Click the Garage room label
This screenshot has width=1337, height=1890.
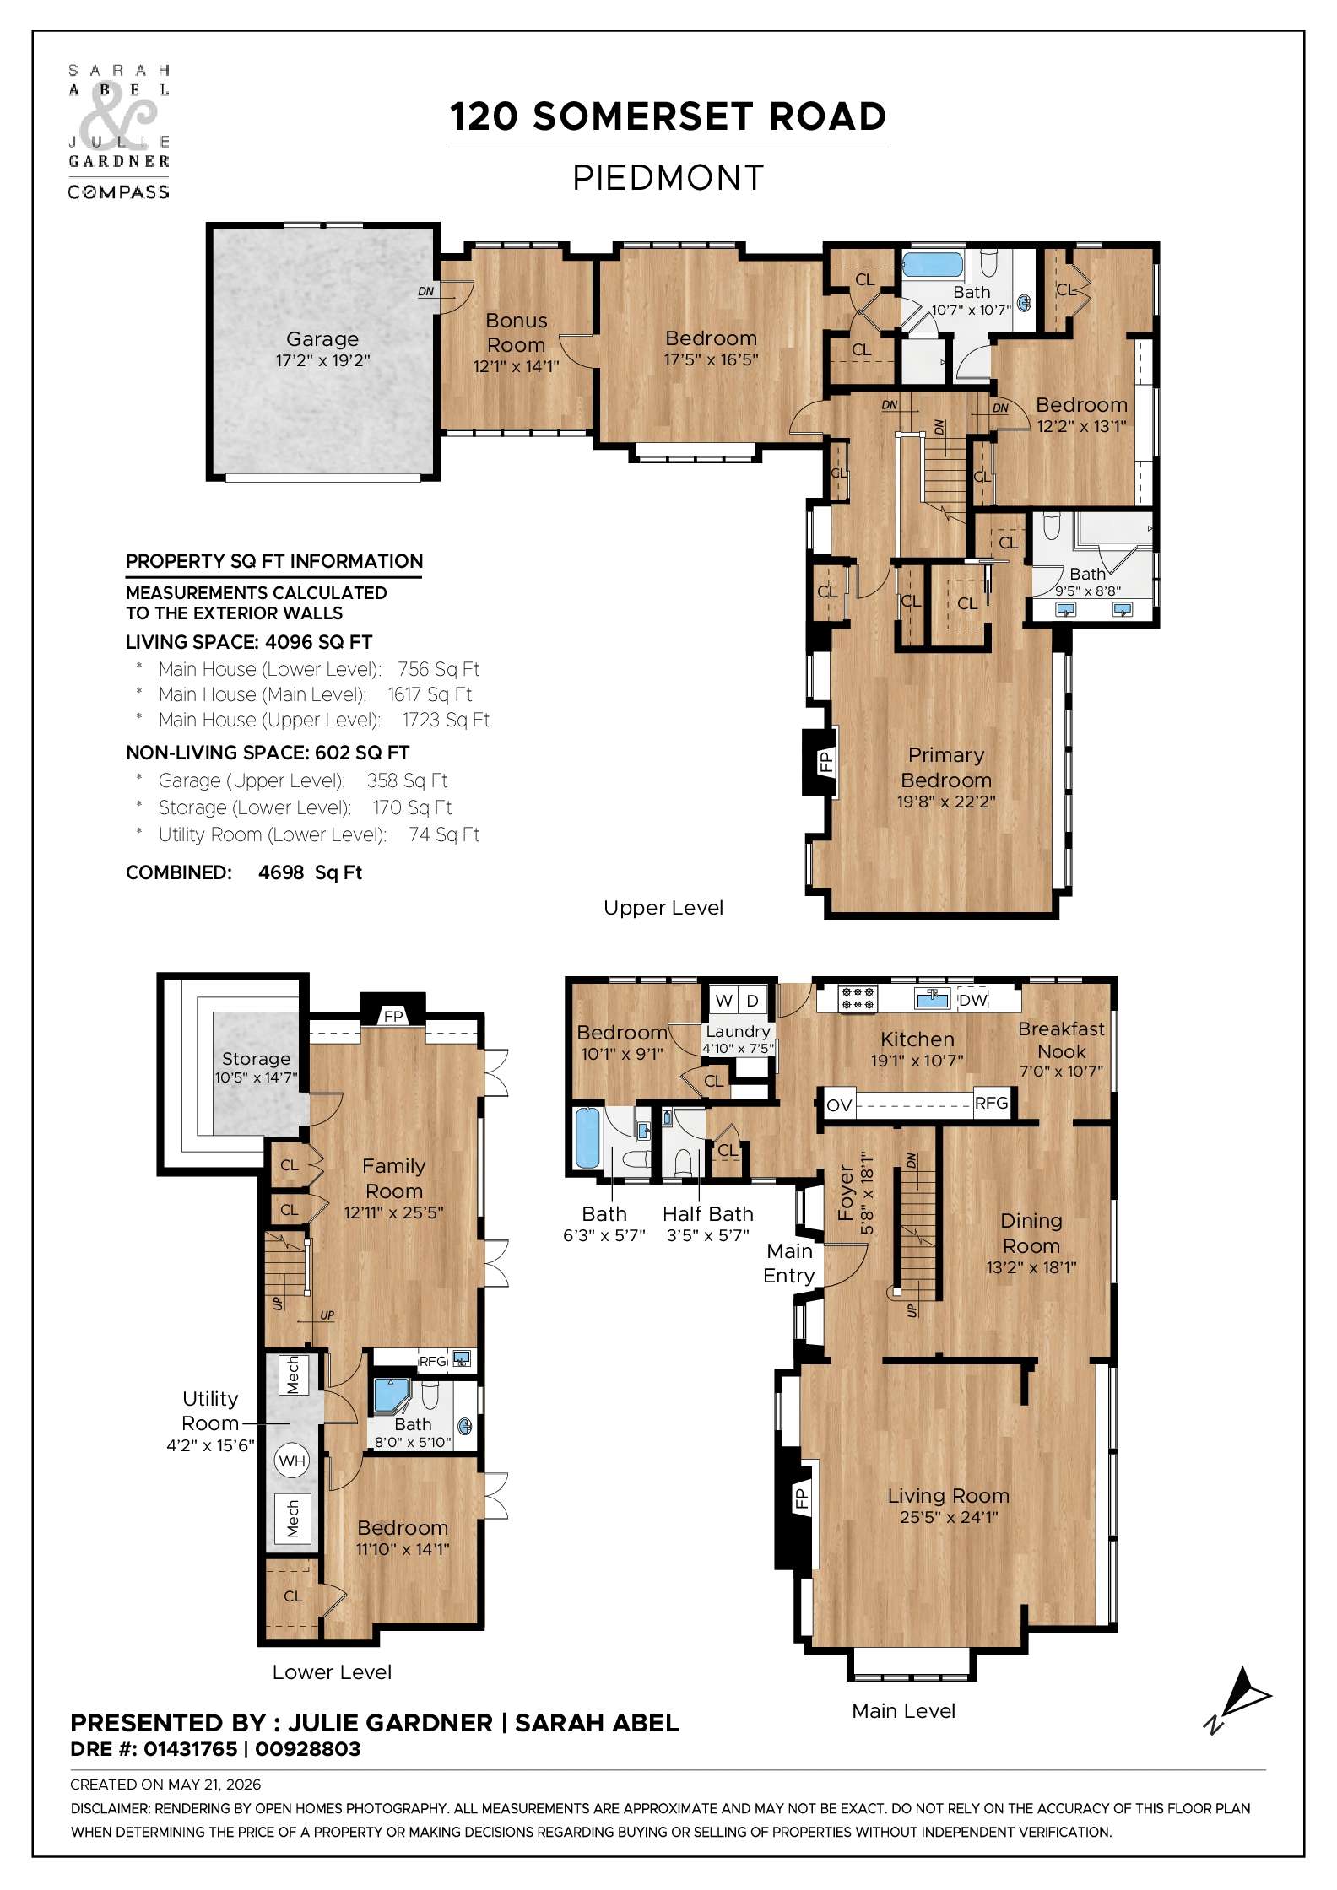pos(322,339)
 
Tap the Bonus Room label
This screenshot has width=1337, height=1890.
pos(517,332)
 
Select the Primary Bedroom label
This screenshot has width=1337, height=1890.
pos(946,767)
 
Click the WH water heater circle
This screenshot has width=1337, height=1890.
pos(292,1461)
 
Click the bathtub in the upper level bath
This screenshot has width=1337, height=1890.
pos(933,264)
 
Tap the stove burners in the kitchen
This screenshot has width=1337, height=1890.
pos(858,999)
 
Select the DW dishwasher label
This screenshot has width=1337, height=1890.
pos(972,1000)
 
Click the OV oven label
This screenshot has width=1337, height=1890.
pos(839,1104)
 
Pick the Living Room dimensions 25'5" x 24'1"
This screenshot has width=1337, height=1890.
pos(949,1517)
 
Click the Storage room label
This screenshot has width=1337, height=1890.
pos(256,1058)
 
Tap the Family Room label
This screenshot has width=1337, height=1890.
pos(394,1178)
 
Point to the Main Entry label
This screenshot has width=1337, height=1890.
pos(789,1263)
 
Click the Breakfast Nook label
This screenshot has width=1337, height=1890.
pos(1062,1039)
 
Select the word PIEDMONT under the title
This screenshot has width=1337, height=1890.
pos(668,178)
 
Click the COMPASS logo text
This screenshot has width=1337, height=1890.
pos(118,192)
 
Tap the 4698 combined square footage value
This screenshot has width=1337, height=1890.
pos(280,872)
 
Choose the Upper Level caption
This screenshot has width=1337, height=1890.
pos(663,908)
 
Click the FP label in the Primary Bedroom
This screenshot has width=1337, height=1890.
pos(825,762)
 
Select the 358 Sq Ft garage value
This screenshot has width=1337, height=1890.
pos(407,780)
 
